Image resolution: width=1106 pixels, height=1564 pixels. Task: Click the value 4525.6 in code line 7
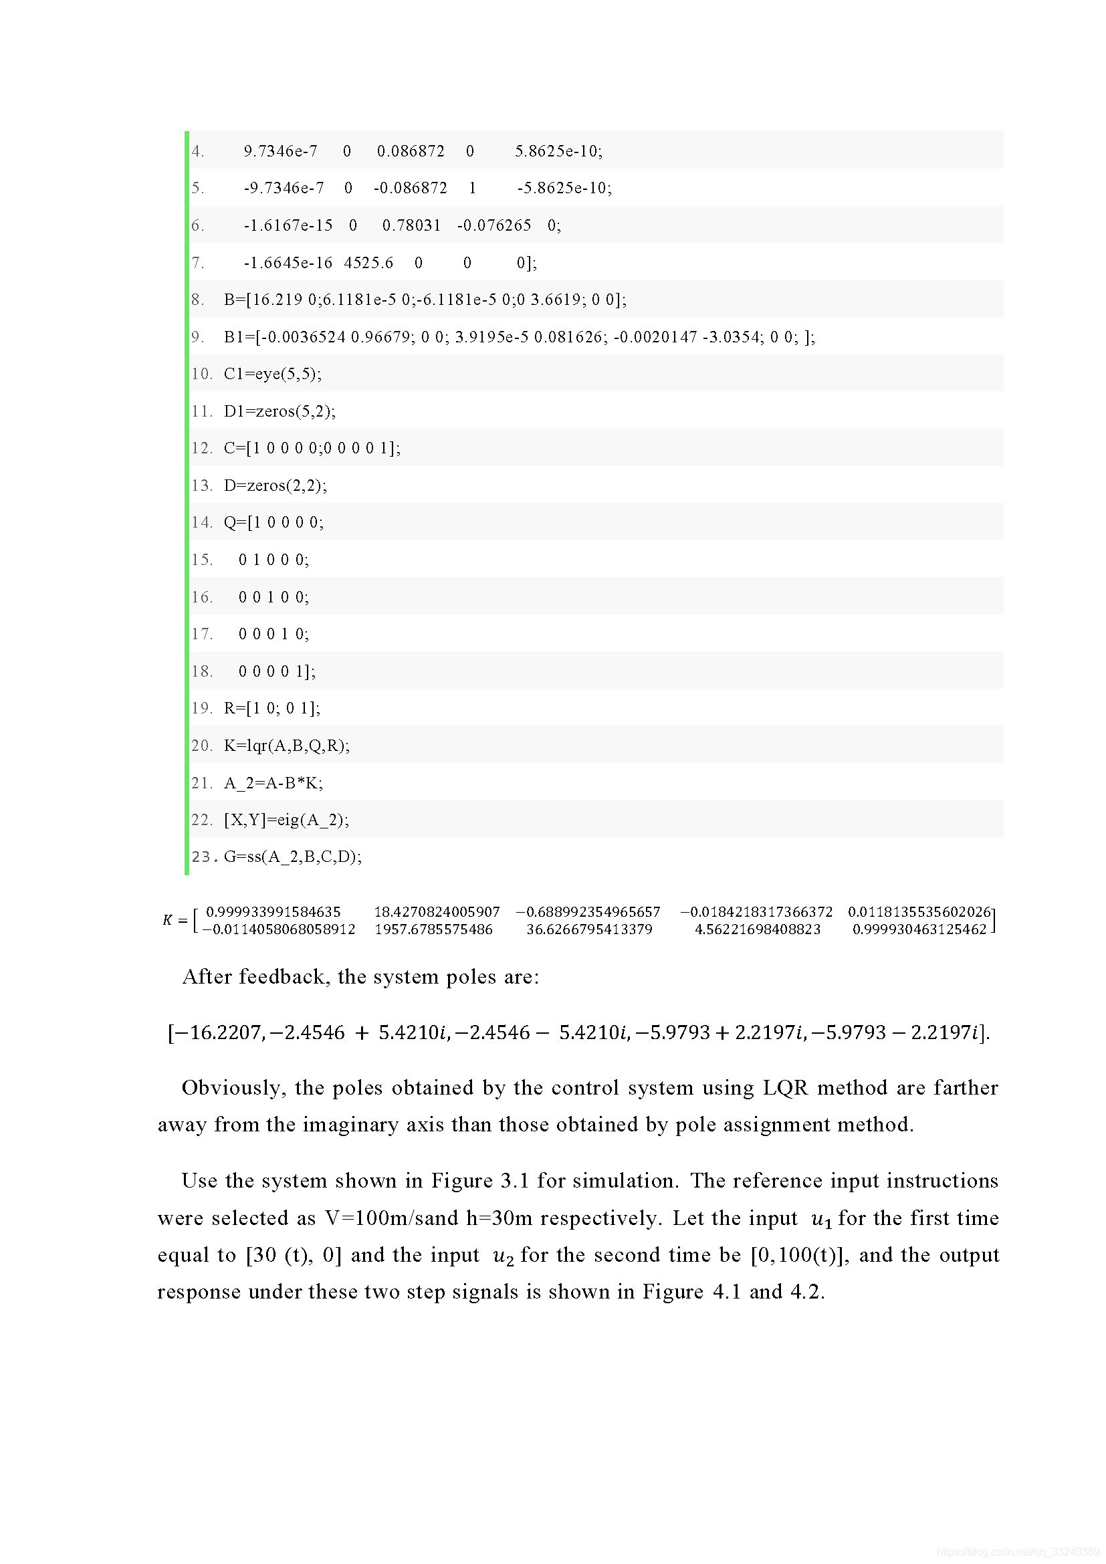click(368, 262)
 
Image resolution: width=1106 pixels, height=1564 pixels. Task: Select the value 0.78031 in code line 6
click(411, 225)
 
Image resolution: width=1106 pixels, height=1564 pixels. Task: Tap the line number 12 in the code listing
click(201, 447)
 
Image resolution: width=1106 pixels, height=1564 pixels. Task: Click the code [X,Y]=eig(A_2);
click(286, 820)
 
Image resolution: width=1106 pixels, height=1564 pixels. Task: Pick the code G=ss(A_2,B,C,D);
click(293, 857)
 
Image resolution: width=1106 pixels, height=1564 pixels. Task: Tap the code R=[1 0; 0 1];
click(271, 707)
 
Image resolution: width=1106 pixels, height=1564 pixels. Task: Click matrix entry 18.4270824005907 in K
click(437, 911)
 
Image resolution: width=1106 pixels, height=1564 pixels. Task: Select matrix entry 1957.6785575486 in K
click(433, 929)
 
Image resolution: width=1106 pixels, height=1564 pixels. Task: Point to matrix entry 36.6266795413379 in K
click(589, 929)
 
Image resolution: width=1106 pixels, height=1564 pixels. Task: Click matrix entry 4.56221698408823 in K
click(757, 929)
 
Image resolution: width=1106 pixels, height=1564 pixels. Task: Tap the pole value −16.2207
click(218, 1032)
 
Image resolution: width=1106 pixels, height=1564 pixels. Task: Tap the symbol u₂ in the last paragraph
click(502, 1256)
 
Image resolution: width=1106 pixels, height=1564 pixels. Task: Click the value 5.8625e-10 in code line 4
click(558, 150)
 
